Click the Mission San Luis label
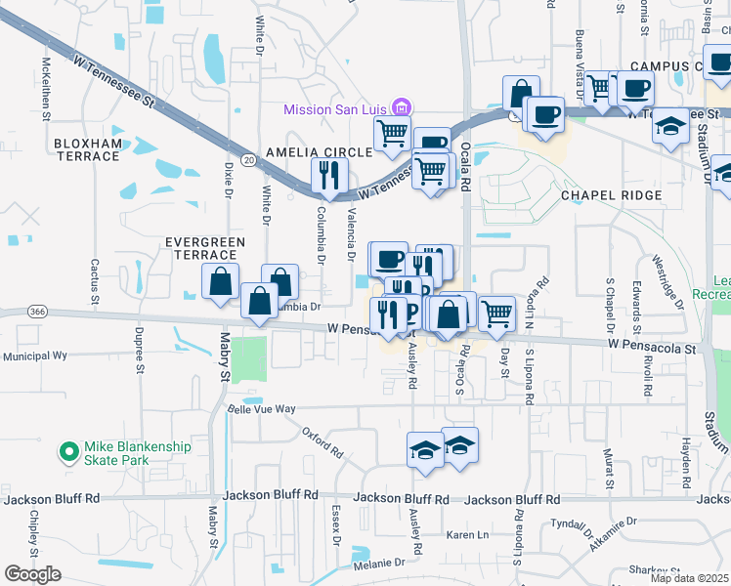click(334, 109)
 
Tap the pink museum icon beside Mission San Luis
click(399, 107)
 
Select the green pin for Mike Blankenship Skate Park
click(68, 452)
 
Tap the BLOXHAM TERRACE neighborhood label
click(88, 149)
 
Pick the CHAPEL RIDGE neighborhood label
click(611, 195)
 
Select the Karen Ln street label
click(467, 535)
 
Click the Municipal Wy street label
click(33, 356)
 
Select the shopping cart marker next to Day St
click(497, 313)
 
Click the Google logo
click(32, 574)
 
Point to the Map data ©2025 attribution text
click(690, 578)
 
